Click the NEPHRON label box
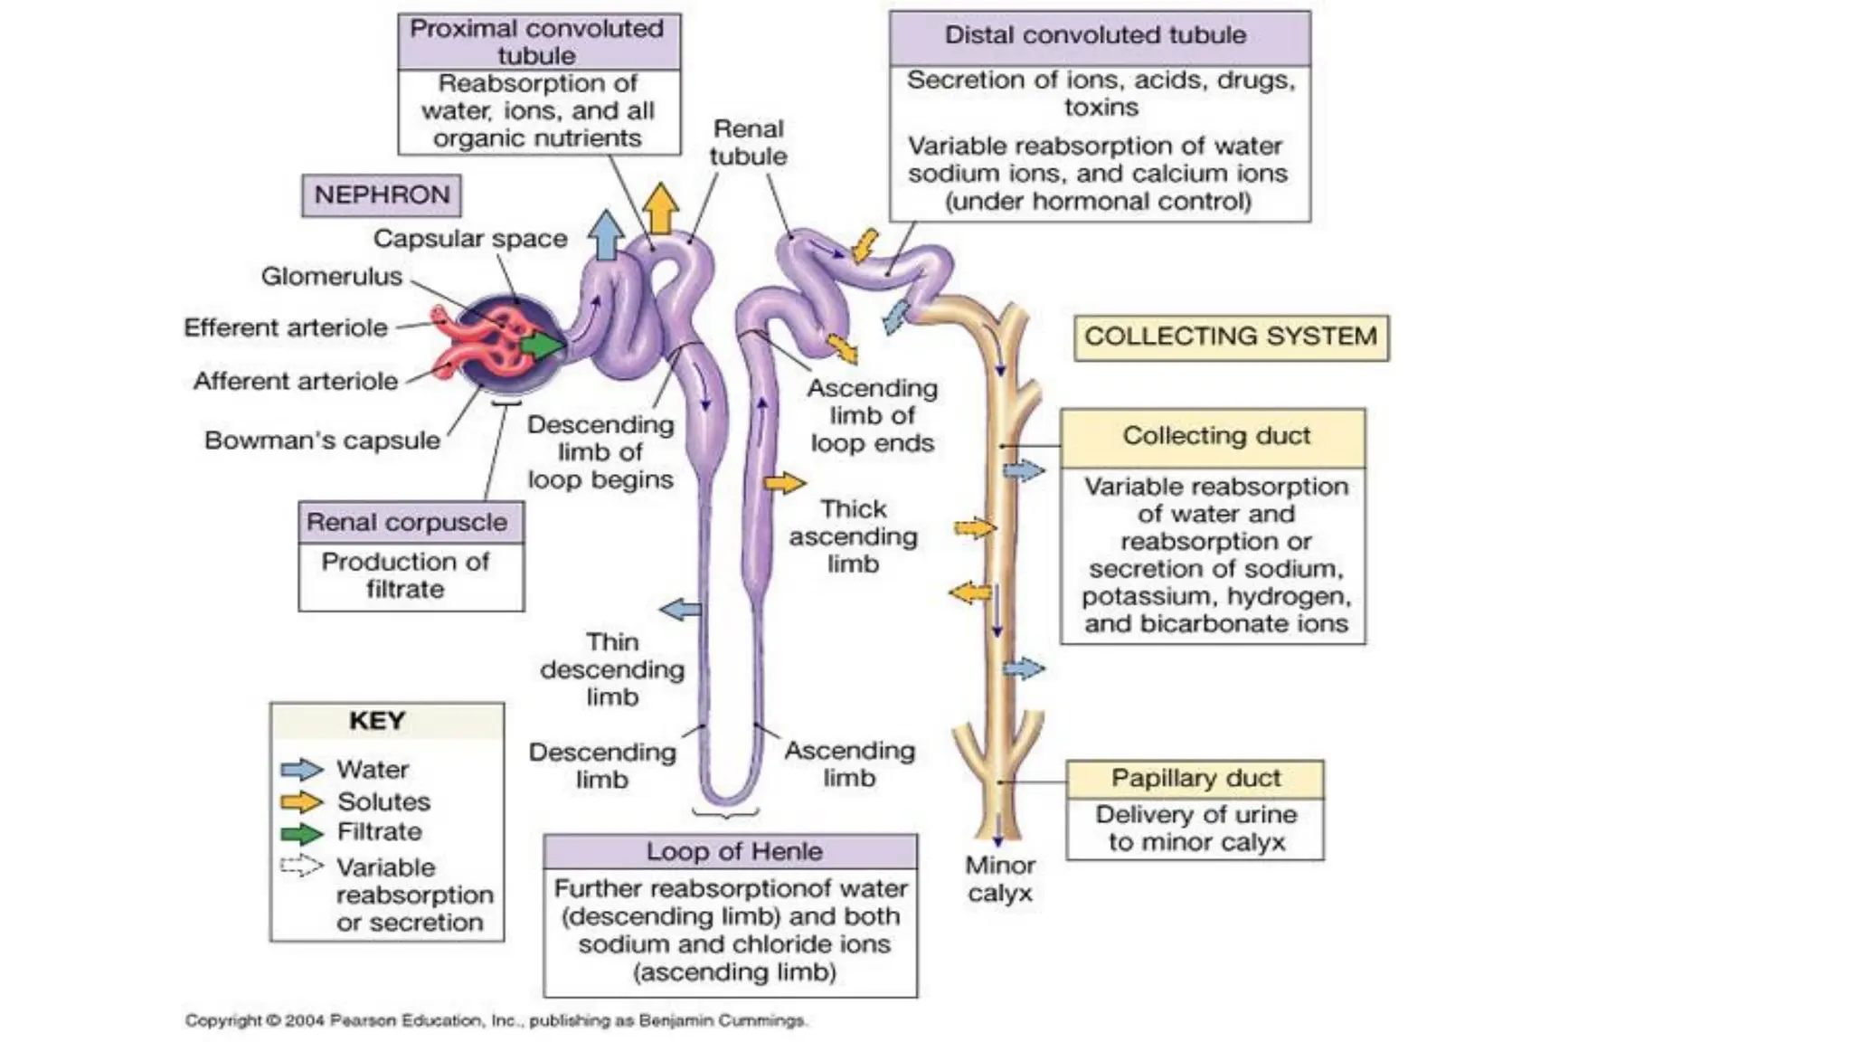[x=381, y=195]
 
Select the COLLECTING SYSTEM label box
[x=1230, y=336]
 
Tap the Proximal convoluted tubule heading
[x=537, y=42]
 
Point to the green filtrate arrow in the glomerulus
[x=541, y=345]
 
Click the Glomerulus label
[x=331, y=276]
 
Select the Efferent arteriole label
[x=285, y=327]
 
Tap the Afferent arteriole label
[x=295, y=381]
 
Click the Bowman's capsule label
[x=322, y=440]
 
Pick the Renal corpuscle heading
[x=407, y=522]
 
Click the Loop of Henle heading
[x=733, y=851]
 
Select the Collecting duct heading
[x=1215, y=436]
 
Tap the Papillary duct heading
[x=1195, y=778]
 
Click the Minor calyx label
[x=999, y=879]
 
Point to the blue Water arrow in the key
[x=301, y=770]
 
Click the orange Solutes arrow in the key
[x=301, y=801]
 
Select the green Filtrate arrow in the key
[x=301, y=833]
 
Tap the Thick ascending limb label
[x=853, y=536]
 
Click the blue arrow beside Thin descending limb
[x=680, y=610]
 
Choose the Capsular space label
[x=470, y=239]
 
